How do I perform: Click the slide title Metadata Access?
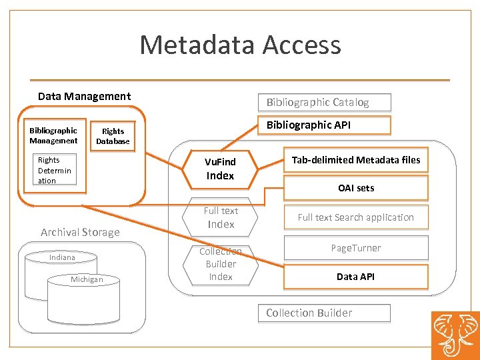(240, 45)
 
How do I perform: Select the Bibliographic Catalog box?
(324, 102)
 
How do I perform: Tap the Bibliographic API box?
(324, 125)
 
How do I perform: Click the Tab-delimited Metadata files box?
(355, 160)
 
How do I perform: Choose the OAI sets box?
(355, 188)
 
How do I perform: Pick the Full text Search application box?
(355, 217)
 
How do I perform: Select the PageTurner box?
(355, 248)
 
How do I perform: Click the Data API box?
(355, 277)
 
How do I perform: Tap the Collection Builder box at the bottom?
(324, 313)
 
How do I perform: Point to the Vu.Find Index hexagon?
(220, 169)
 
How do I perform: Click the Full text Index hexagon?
(220, 217)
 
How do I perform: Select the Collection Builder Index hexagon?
(220, 264)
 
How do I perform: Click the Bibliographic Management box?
(53, 135)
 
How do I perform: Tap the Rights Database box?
(113, 136)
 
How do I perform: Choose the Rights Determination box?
(55, 170)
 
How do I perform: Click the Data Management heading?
(84, 97)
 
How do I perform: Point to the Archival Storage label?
(80, 232)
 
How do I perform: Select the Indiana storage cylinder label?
(62, 257)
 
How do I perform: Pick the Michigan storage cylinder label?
(87, 279)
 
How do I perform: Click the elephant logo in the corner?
(455, 335)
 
